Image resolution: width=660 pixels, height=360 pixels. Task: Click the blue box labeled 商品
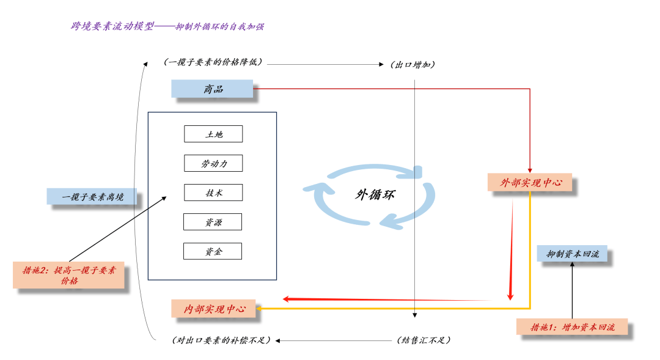(x=212, y=89)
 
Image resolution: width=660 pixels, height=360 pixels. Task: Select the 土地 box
(x=213, y=134)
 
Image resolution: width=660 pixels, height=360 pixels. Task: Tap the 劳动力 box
(x=213, y=163)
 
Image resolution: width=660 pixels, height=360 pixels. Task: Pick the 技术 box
(x=213, y=193)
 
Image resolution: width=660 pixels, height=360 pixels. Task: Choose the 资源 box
(x=213, y=222)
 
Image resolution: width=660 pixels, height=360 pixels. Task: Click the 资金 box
(x=213, y=251)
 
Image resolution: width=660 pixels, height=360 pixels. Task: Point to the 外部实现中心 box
(x=529, y=182)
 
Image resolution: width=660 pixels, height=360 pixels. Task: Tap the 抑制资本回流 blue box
(x=572, y=254)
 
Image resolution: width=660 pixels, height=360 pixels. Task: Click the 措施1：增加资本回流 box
(x=572, y=327)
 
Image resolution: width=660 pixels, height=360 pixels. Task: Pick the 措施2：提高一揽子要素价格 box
(x=68, y=274)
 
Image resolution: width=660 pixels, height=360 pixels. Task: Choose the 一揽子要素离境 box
(x=92, y=197)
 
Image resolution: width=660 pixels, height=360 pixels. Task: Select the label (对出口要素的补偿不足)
(x=221, y=340)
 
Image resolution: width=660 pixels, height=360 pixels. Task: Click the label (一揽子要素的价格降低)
(x=213, y=62)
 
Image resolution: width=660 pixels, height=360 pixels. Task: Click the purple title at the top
(x=167, y=26)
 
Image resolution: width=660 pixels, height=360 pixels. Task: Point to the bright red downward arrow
(x=511, y=251)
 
